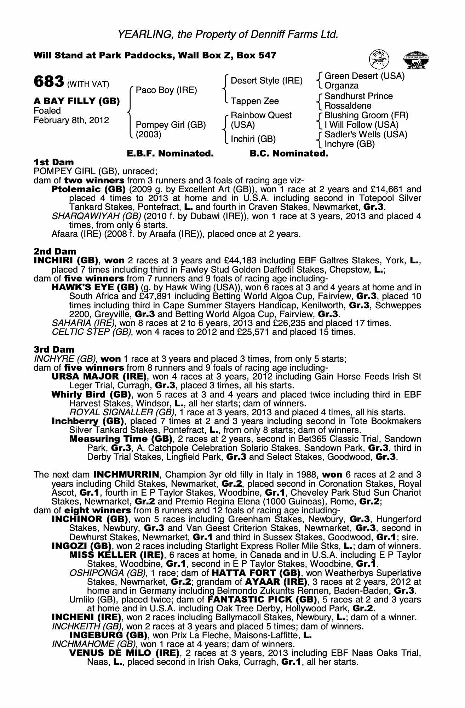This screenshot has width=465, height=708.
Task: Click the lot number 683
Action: pyautogui.click(x=49, y=81)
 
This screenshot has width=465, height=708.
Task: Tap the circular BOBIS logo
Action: pyautogui.click(x=379, y=59)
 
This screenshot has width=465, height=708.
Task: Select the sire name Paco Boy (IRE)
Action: pyautogui.click(x=166, y=90)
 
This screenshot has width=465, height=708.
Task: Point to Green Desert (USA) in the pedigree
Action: pyautogui.click(x=364, y=76)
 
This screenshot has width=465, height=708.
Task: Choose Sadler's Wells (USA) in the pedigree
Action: pyautogui.click(x=366, y=135)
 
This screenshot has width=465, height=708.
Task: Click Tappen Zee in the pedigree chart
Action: pyautogui.click(x=254, y=101)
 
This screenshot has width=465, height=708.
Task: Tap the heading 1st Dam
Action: pyautogui.click(x=54, y=162)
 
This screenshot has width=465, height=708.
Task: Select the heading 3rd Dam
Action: pyautogui.click(x=54, y=350)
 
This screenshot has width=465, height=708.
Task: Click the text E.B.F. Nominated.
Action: pyautogui.click(x=170, y=154)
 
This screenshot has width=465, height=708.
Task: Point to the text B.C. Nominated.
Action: pyautogui.click(x=289, y=154)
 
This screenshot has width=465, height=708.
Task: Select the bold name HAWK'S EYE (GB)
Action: pyautogui.click(x=94, y=287)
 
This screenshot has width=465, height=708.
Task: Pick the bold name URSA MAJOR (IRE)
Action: pyautogui.click(x=99, y=377)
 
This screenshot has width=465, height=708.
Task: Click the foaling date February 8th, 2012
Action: pyautogui.click(x=71, y=120)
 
